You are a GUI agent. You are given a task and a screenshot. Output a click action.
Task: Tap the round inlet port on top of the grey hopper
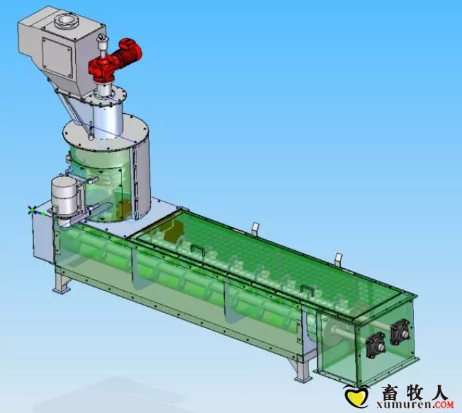pyautogui.click(x=66, y=21)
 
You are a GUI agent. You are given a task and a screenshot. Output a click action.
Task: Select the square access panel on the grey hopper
pyautogui.click(x=57, y=57)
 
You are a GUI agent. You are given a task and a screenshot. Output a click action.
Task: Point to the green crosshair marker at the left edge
pyautogui.click(x=32, y=210)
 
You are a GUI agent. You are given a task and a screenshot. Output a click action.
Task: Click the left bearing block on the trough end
pyautogui.click(x=375, y=345)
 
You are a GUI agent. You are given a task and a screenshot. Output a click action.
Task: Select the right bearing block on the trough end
pyautogui.click(x=400, y=332)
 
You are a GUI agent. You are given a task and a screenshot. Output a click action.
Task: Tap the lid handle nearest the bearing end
pyautogui.click(x=307, y=290)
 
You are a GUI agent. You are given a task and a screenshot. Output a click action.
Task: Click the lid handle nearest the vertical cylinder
pyautogui.click(x=197, y=249)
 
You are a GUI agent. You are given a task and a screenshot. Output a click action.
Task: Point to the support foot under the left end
pyautogui.click(x=61, y=283)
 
